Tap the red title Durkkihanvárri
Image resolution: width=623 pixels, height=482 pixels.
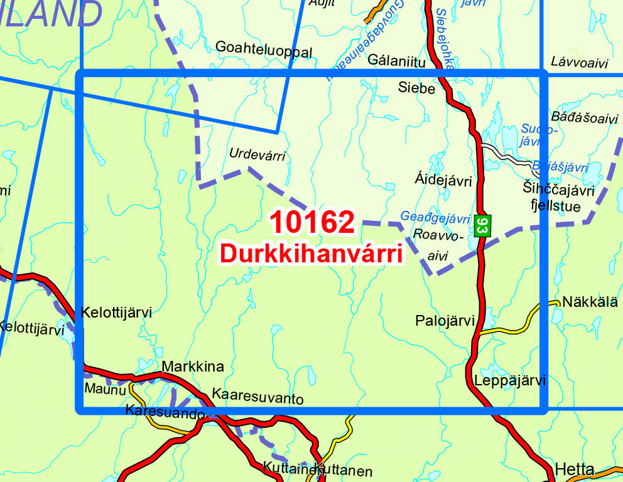point(311,252)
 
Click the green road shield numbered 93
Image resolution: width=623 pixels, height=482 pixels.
point(482,226)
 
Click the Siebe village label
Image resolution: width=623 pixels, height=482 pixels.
point(416,88)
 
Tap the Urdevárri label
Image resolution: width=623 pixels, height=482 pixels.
point(257,154)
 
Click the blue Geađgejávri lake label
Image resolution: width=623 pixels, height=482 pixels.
point(435,218)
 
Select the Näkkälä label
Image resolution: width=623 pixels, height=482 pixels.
point(590,302)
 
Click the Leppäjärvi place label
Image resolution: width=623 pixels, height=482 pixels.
point(511,381)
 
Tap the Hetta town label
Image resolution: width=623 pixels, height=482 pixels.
point(575,469)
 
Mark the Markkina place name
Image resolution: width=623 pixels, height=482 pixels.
point(193,367)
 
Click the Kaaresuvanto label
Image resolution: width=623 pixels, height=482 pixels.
point(258,398)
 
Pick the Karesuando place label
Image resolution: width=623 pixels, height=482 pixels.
point(165,412)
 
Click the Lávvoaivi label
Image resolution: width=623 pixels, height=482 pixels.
point(580,62)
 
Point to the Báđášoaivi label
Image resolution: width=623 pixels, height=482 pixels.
point(584,117)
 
